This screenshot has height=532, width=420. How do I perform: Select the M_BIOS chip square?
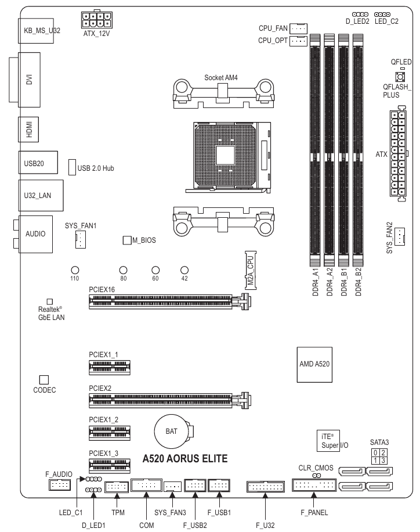pos(126,240)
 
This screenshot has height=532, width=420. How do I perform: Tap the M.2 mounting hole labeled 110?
pos(75,270)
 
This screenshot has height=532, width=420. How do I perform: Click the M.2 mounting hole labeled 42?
pos(184,270)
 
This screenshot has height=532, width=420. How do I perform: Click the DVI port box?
pos(29,79)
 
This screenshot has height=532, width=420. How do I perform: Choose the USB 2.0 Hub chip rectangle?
pos(73,168)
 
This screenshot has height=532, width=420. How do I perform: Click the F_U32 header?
pos(265,486)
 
